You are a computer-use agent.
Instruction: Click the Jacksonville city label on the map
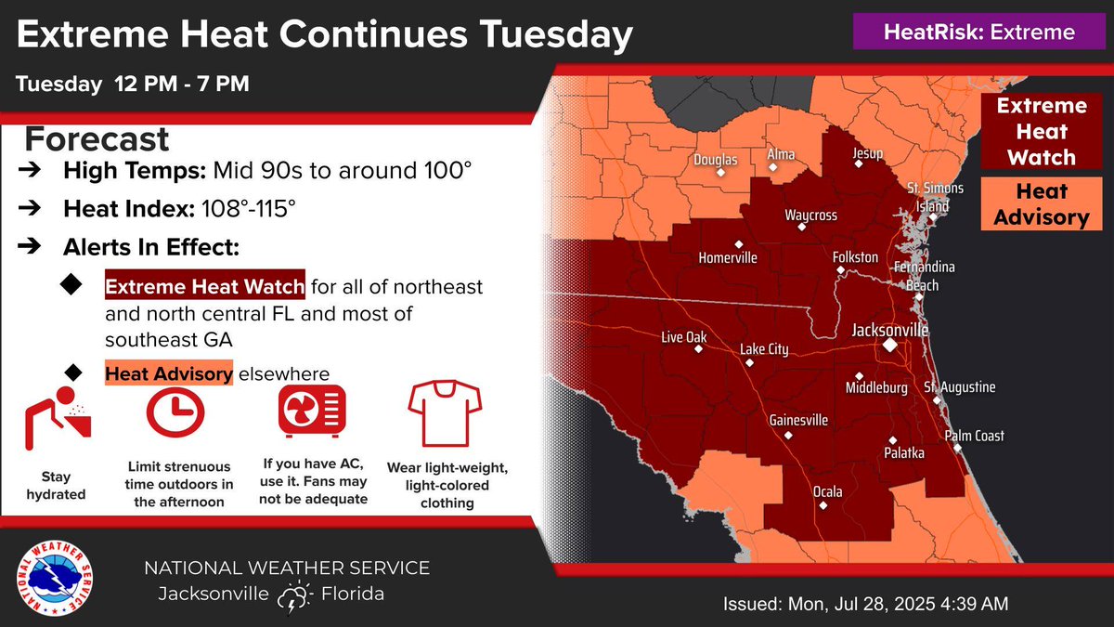pos(889,330)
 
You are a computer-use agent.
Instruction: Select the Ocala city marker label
pos(827,492)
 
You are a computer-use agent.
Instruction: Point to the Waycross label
pos(810,216)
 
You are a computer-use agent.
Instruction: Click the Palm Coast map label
pos(974,436)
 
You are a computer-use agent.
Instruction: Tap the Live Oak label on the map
pos(683,338)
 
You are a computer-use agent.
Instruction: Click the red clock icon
pos(176,411)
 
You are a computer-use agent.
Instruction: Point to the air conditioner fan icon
pos(312,411)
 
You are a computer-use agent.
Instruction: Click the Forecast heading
pos(97,140)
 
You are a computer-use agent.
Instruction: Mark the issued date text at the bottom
pos(865,604)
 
